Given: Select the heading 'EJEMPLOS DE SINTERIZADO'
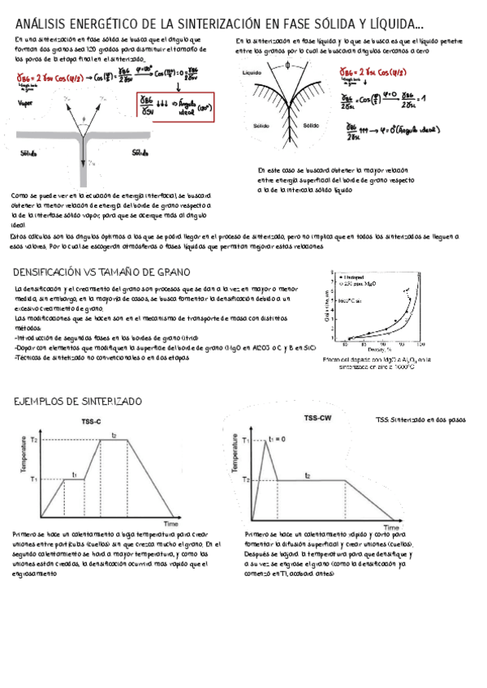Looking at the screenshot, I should coord(78,402).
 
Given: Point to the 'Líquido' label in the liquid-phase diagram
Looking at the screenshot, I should coord(252,73).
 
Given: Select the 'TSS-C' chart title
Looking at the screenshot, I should coord(91,423).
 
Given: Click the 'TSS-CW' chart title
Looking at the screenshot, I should coord(318,417).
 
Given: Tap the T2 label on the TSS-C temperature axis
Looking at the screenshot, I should coord(34,439).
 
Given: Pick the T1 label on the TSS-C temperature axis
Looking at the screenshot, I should coord(34,479).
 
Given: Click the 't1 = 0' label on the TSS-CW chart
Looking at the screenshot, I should coord(278,439).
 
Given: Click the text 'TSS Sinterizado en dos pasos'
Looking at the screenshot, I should coord(420,420).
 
